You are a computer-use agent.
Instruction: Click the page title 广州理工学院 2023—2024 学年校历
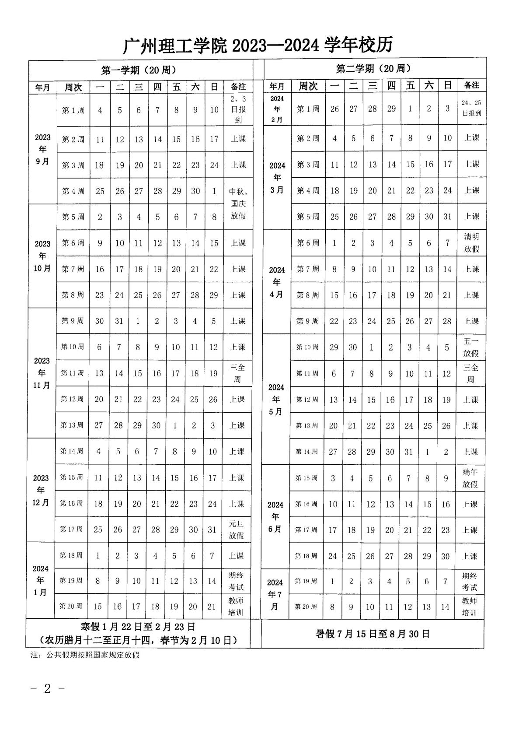pyautogui.click(x=258, y=46)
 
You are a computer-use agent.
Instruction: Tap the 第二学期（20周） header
pyautogui.click(x=374, y=69)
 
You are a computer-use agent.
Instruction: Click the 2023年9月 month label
pyautogui.click(x=43, y=149)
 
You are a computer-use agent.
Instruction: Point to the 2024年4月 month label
pyautogui.click(x=277, y=282)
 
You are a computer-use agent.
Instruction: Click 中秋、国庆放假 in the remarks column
pyautogui.click(x=238, y=203)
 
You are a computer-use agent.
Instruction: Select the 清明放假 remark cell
pyautogui.click(x=471, y=242)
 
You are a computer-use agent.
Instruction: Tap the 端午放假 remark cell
pyautogui.click(x=470, y=478)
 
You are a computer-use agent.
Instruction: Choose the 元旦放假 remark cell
pyautogui.click(x=237, y=530)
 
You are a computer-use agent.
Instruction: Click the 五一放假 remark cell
pyautogui.click(x=471, y=347)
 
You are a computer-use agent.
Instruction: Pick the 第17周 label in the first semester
pyautogui.click(x=71, y=530)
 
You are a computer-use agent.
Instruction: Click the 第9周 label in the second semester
pyautogui.click(x=308, y=321)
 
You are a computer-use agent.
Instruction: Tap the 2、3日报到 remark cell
pyautogui.click(x=238, y=110)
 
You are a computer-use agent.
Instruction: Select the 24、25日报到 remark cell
pyautogui.click(x=471, y=108)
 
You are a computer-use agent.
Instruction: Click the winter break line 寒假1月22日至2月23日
pyautogui.click(x=138, y=628)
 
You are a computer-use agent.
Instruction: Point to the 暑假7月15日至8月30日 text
pyautogui.click(x=373, y=634)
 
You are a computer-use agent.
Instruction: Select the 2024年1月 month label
pyautogui.click(x=41, y=581)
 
